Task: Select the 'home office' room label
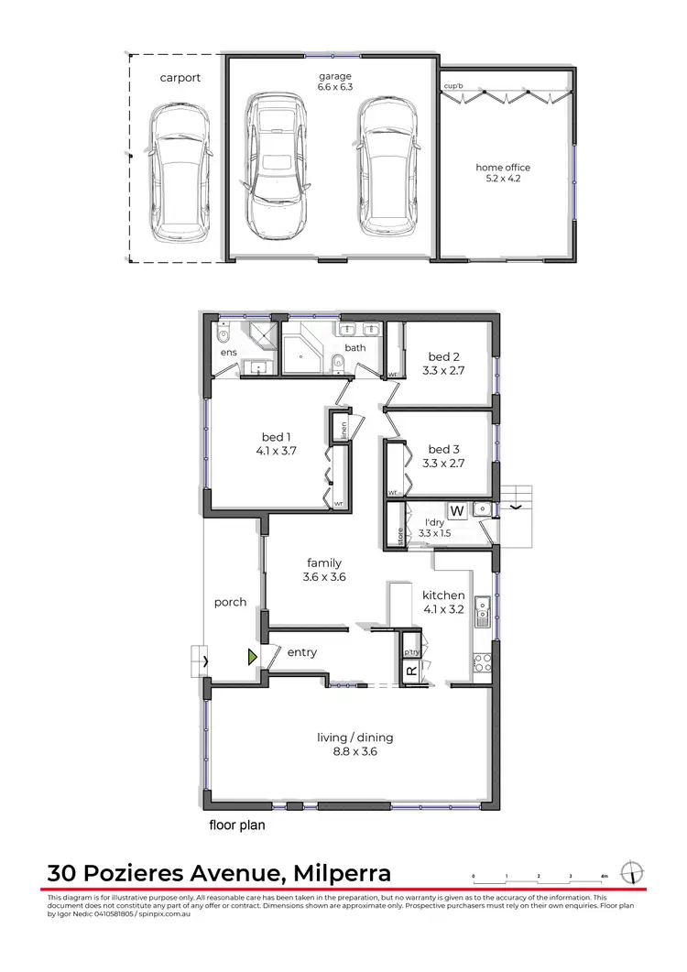click(x=502, y=168)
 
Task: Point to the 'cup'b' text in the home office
click(x=453, y=86)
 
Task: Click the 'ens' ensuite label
click(x=228, y=352)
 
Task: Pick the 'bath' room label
click(x=355, y=348)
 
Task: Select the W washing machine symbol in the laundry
click(x=456, y=510)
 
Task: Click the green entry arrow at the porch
click(x=252, y=657)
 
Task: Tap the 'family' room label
click(x=324, y=562)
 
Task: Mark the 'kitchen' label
click(x=443, y=595)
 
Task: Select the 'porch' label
click(x=230, y=602)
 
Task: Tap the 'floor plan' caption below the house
click(x=237, y=825)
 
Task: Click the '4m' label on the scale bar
click(x=604, y=877)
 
